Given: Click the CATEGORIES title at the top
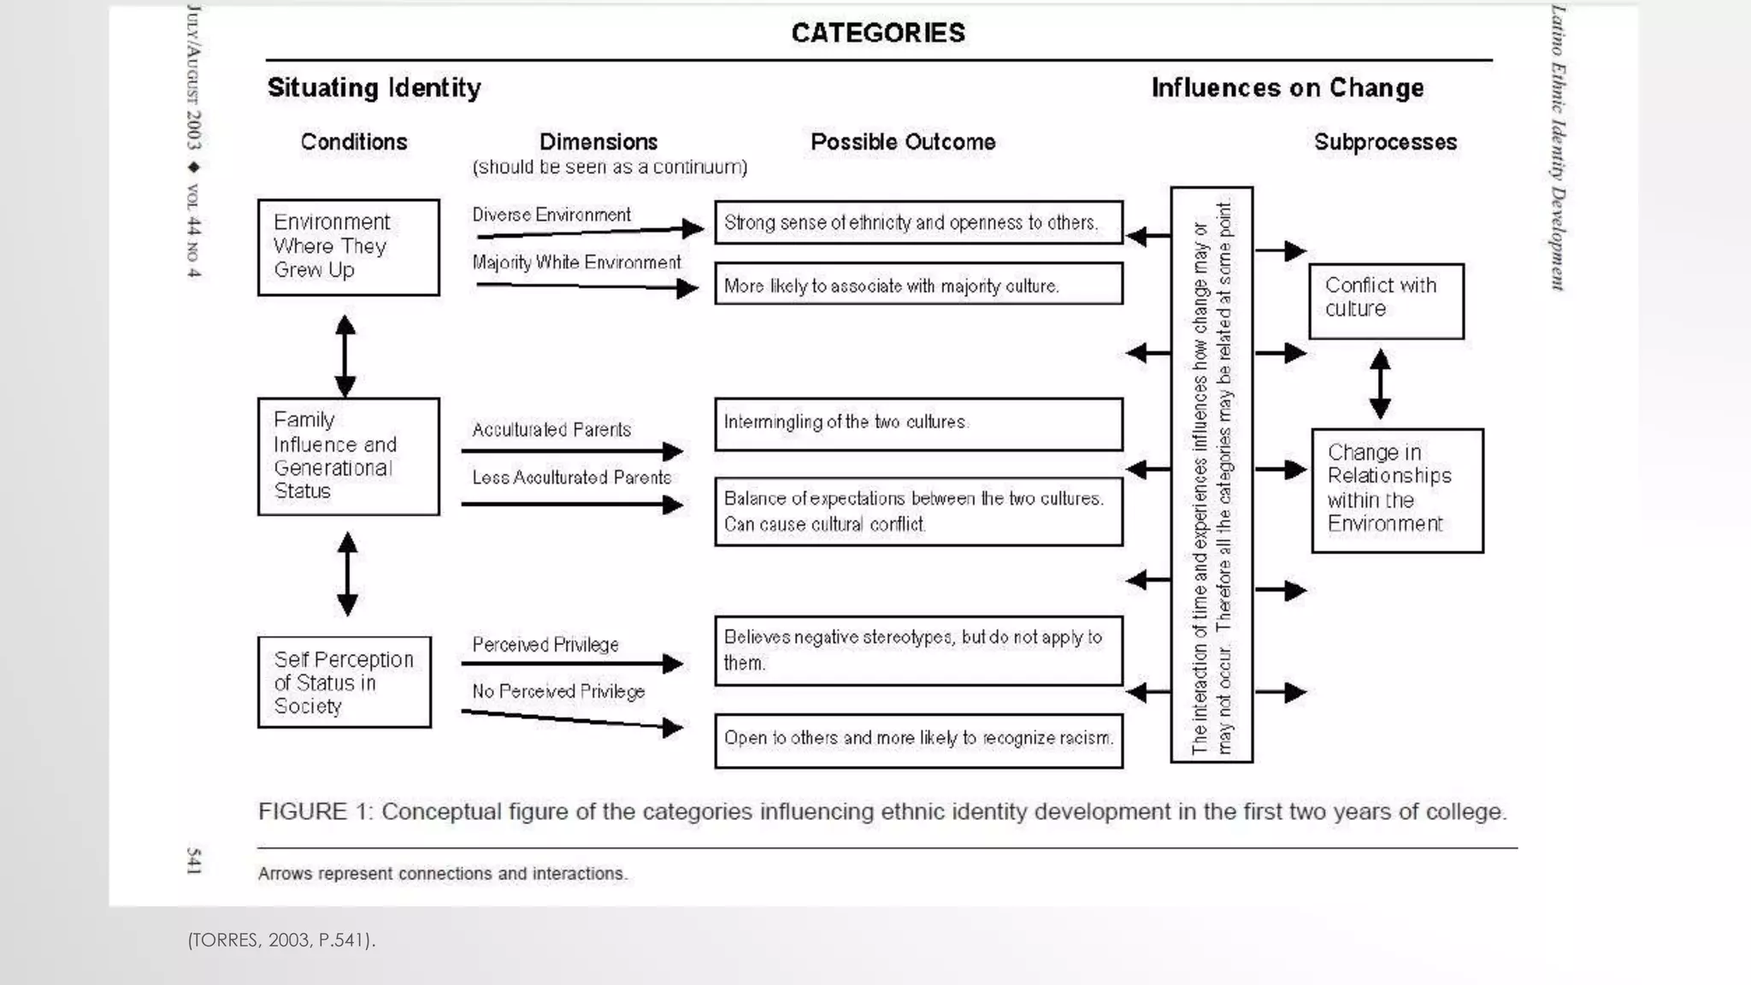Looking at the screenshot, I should [x=878, y=32].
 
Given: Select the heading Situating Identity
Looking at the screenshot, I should [x=374, y=87].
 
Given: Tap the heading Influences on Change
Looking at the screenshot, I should [x=1287, y=87].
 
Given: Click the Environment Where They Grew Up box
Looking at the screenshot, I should [x=348, y=247].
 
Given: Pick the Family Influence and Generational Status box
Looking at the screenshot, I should [x=348, y=456].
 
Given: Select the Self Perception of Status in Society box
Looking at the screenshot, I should [x=344, y=682].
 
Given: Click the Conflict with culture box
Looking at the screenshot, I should [x=1385, y=301].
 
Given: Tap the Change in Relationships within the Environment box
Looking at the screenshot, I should [x=1396, y=490].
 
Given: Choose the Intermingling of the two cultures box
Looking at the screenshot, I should [x=918, y=423].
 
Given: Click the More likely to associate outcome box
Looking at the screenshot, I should [x=918, y=284].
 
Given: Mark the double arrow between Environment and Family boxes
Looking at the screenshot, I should [x=345, y=356].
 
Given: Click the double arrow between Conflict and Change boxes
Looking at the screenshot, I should [x=1380, y=383].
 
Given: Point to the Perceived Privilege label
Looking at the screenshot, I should [x=545, y=645].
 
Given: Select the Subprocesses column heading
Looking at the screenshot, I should [x=1385, y=142].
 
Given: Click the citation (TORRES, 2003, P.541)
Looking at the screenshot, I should [x=281, y=940].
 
